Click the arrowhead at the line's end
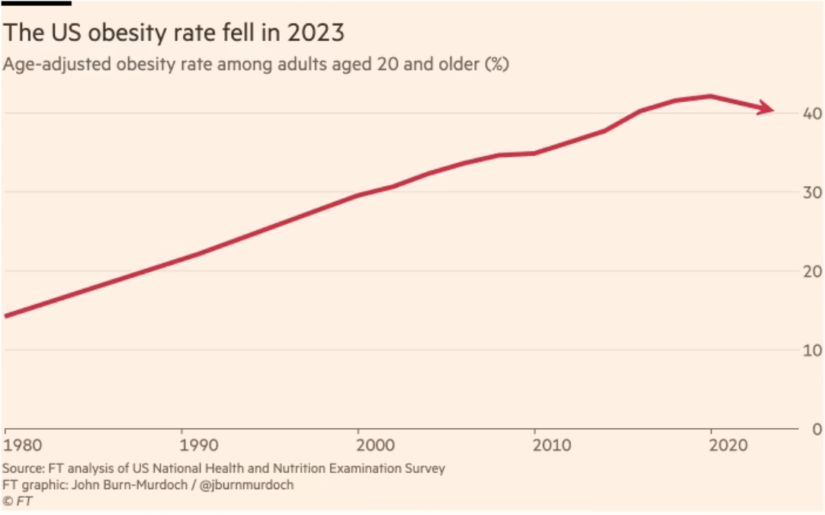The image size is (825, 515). click(766, 109)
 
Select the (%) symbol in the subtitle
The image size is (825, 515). click(496, 64)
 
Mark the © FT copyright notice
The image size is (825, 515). click(18, 501)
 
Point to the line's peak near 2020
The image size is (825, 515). click(711, 96)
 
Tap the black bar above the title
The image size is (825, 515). click(36, 2)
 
